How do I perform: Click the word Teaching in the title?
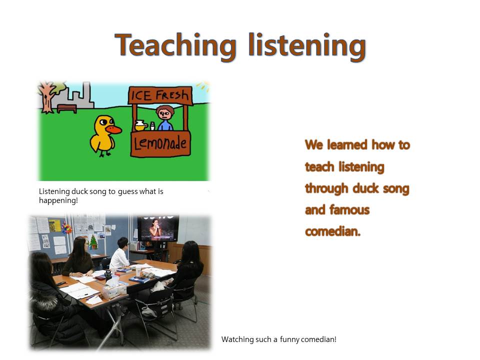(175, 46)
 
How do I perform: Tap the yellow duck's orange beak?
(114, 130)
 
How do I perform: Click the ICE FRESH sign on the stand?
(160, 95)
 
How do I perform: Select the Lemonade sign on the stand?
(160, 143)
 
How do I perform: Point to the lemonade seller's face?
(164, 114)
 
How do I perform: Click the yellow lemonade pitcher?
(140, 125)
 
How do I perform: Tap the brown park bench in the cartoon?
(66, 108)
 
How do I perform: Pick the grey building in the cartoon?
(76, 96)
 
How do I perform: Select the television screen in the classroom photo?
(157, 228)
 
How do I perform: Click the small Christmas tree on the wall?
(93, 242)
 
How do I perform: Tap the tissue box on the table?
(114, 289)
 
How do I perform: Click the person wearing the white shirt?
(119, 254)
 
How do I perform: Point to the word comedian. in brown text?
(333, 231)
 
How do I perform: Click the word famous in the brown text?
(349, 209)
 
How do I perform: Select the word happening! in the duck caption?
(58, 200)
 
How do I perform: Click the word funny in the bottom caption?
(289, 339)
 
